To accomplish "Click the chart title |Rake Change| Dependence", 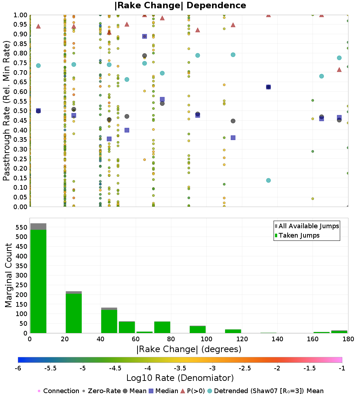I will (180, 6).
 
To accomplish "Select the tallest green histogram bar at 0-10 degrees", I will (38, 281).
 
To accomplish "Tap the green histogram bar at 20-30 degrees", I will (73, 313).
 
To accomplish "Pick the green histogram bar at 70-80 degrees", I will (162, 327).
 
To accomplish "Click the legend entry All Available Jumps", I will (309, 226).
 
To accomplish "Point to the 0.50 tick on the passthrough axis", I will (21, 111).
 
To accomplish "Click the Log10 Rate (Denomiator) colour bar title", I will (180, 378).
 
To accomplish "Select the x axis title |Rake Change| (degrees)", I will (189, 349).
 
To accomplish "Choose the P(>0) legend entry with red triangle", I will (197, 391).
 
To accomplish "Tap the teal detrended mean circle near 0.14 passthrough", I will (268, 180).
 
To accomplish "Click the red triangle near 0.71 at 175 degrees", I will (339, 69).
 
